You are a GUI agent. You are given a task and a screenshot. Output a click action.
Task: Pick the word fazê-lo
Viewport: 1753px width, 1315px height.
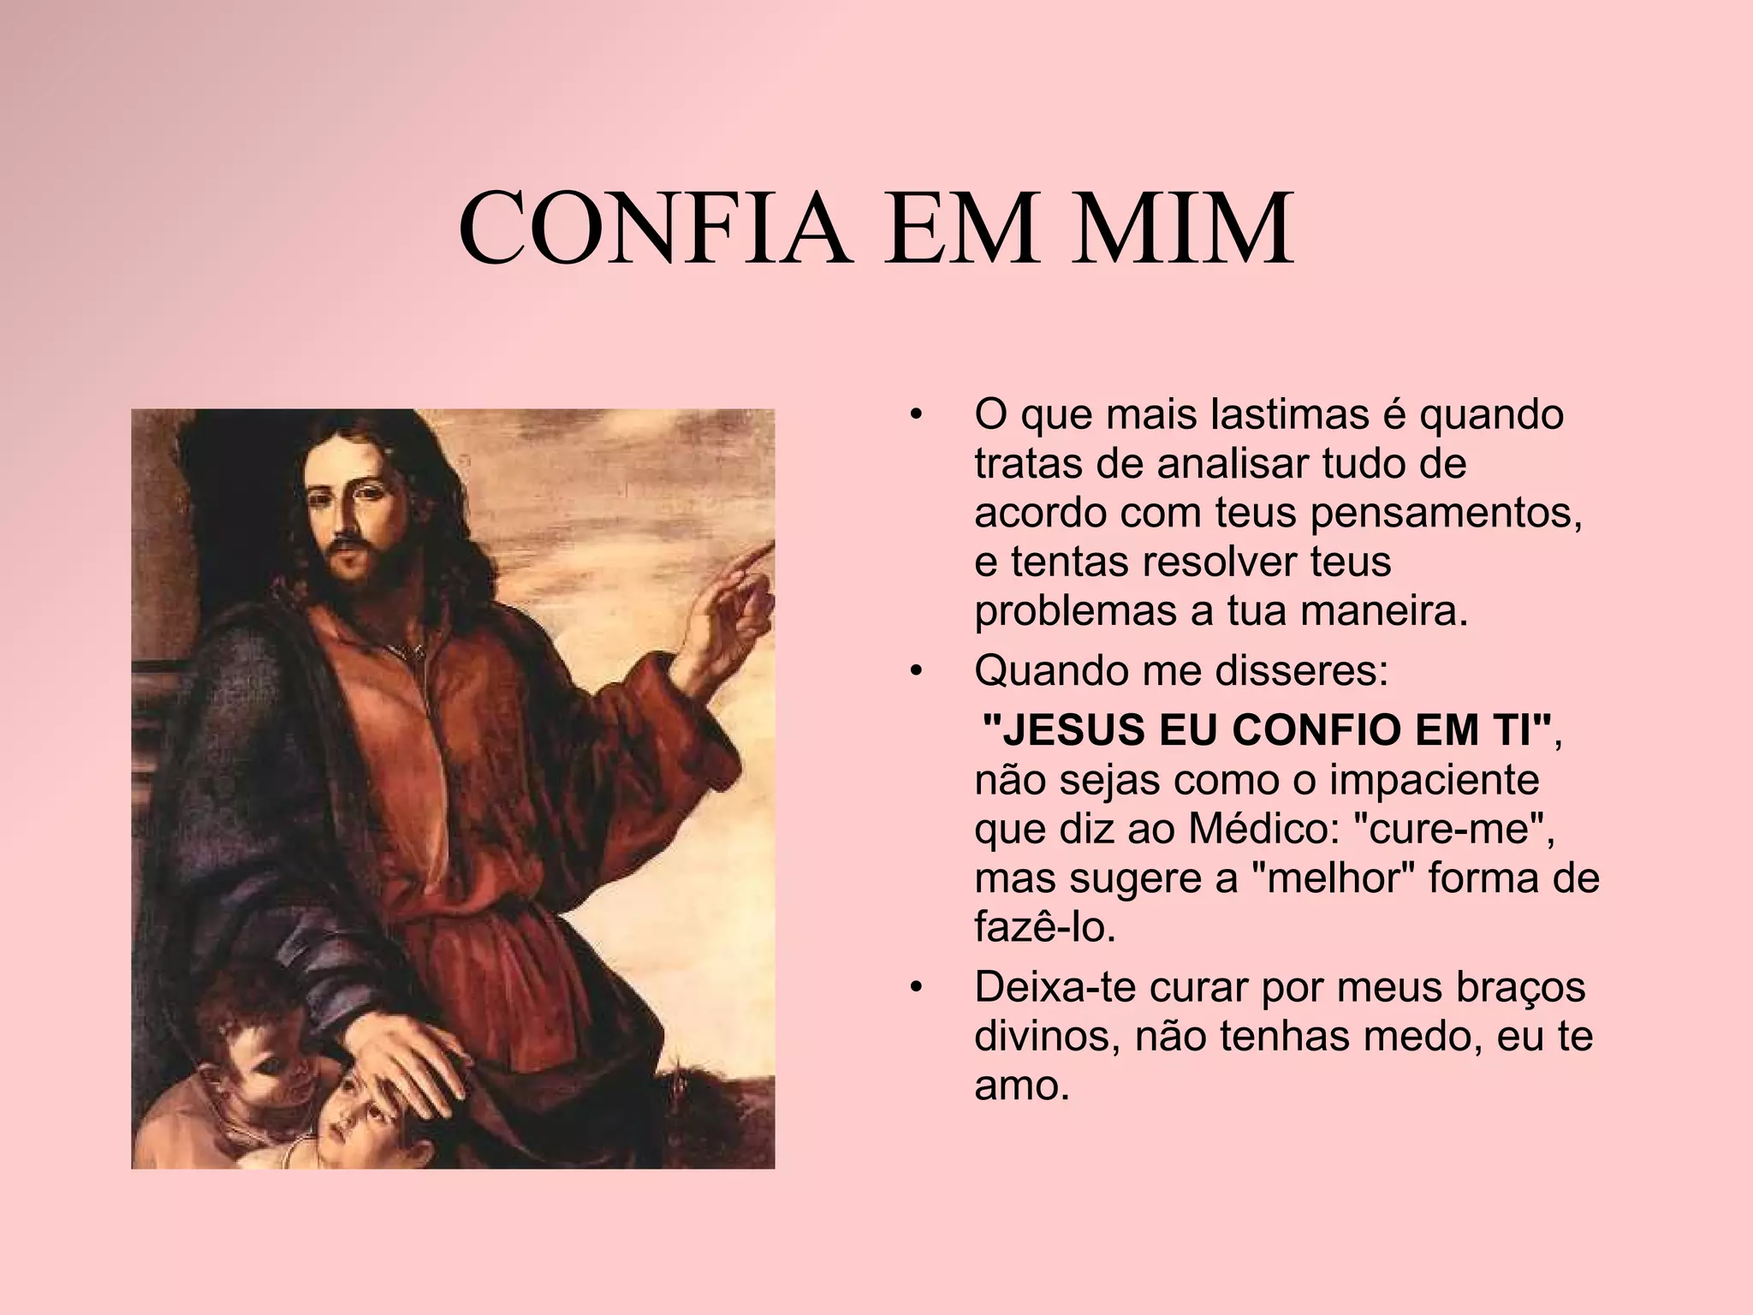[1045, 929]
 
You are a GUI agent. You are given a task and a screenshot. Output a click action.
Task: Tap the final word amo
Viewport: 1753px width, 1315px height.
[1022, 1086]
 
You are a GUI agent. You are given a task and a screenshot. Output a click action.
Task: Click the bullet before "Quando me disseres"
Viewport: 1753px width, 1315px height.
[917, 673]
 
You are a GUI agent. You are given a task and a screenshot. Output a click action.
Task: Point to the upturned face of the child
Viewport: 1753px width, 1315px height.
[360, 1113]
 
